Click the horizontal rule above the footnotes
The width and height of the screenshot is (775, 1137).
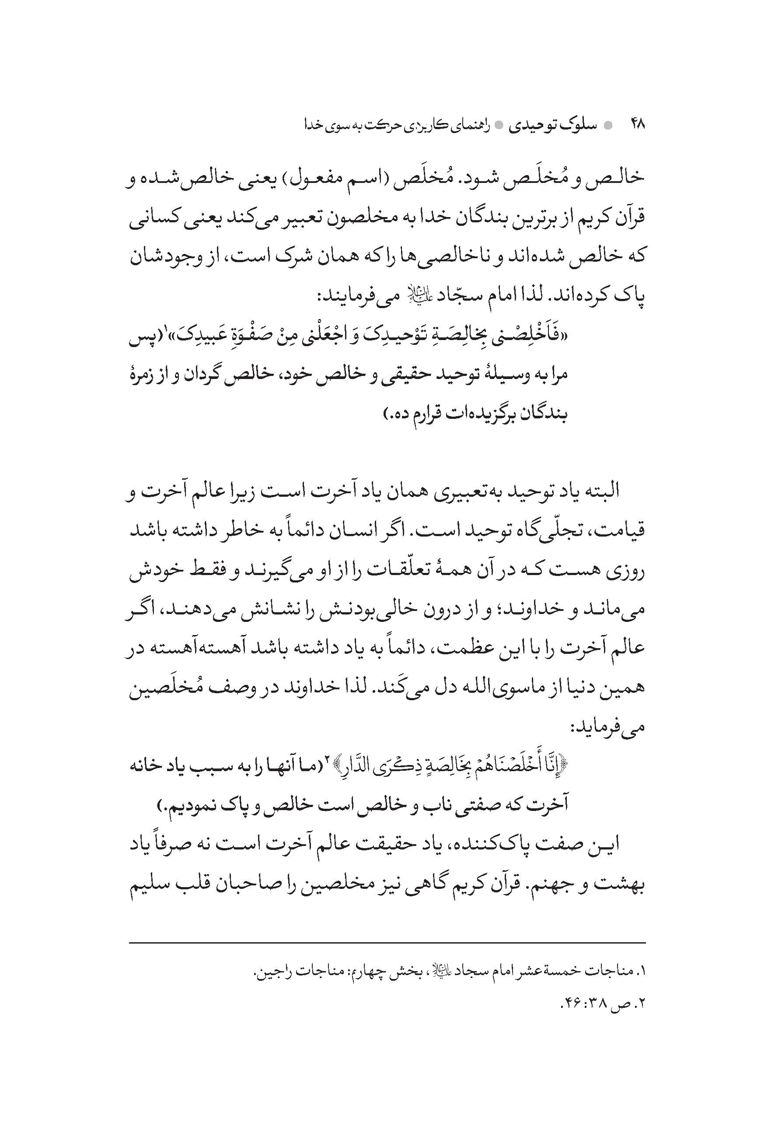tap(387, 942)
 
